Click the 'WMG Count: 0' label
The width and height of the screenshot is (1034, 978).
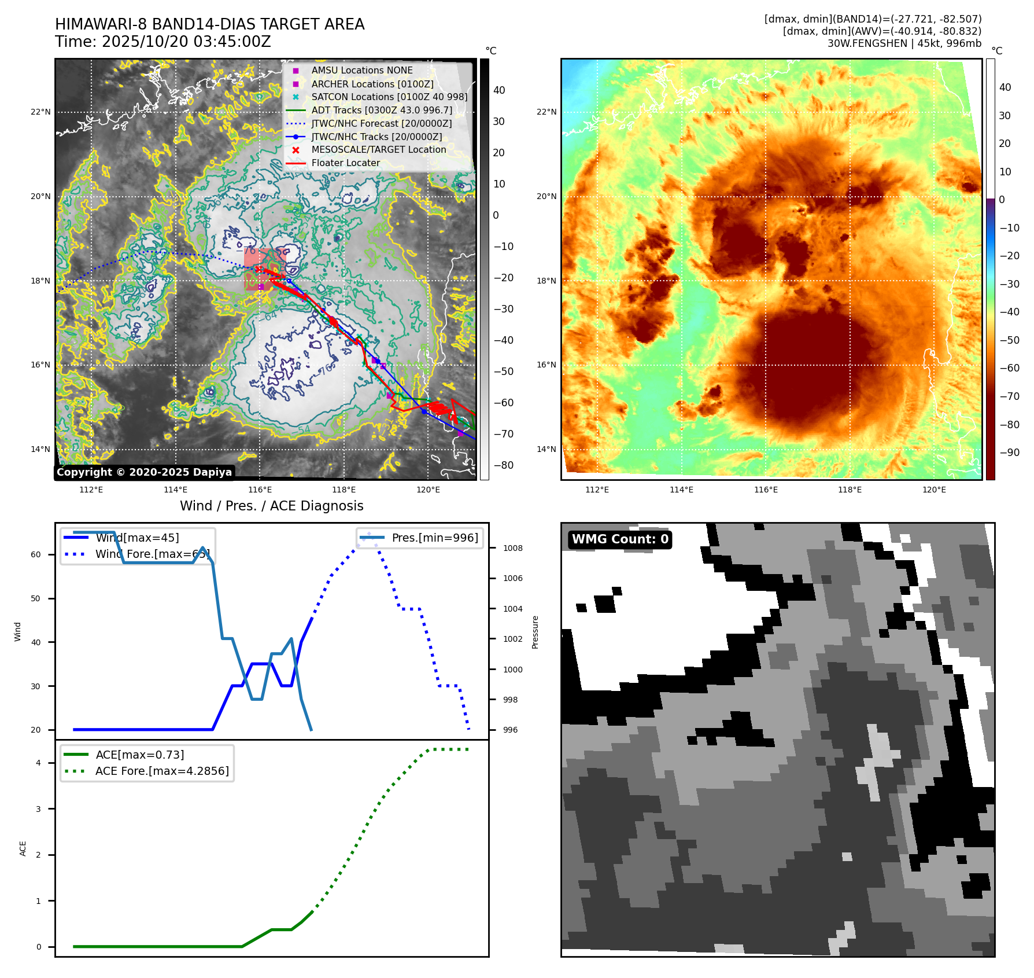click(619, 539)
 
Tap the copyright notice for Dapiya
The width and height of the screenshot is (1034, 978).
click(144, 472)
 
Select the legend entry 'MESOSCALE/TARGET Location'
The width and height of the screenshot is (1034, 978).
click(378, 150)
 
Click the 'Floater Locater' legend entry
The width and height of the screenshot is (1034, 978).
click(345, 163)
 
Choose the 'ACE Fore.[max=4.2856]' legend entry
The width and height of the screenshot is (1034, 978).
click(161, 771)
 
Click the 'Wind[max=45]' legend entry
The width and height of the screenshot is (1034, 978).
click(137, 538)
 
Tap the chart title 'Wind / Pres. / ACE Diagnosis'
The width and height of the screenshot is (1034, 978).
click(271, 506)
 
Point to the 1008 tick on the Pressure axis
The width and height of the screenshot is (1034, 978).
click(512, 548)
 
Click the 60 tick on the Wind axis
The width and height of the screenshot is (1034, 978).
click(36, 554)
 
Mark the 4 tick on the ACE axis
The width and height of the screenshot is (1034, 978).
click(38, 763)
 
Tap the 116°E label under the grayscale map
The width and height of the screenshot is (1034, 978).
click(260, 490)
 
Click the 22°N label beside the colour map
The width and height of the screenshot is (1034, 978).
click(546, 112)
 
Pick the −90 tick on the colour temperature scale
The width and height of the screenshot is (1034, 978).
click(1010, 453)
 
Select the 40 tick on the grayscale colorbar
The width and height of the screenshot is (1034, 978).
click(498, 90)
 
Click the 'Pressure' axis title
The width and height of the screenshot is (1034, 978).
click(535, 632)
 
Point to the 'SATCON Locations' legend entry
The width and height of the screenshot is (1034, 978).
click(389, 97)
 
